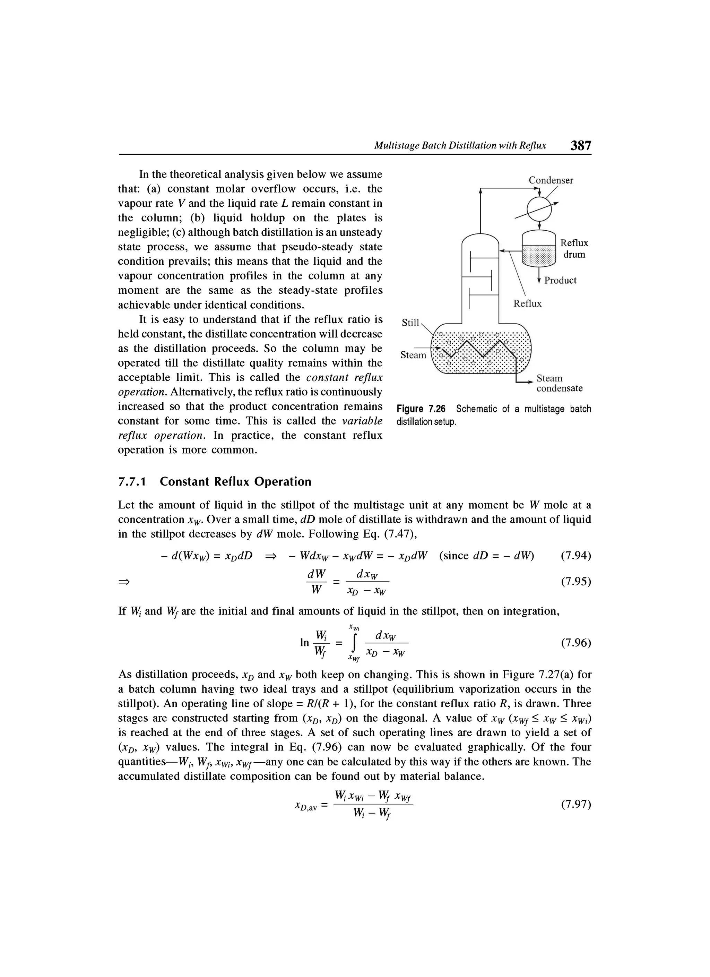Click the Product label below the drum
(x=560, y=281)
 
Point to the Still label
(x=410, y=322)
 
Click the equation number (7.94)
(x=576, y=556)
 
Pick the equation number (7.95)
(x=576, y=582)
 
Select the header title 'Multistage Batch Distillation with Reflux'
(x=460, y=146)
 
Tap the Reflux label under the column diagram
(x=527, y=304)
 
